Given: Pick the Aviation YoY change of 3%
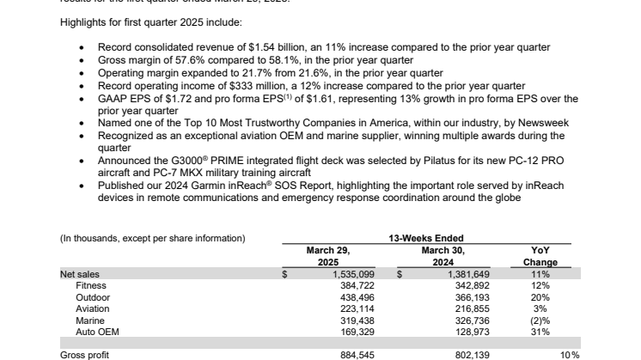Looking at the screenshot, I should (540, 307).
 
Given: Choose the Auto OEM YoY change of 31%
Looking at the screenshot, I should (540, 329).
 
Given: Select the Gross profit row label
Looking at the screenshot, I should (84, 354).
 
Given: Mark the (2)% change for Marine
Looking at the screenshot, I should (540, 318).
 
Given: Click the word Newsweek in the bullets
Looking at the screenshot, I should (542, 124).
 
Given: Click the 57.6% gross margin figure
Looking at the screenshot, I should (175, 62).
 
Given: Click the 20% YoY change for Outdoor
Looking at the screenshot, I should (540, 296).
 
